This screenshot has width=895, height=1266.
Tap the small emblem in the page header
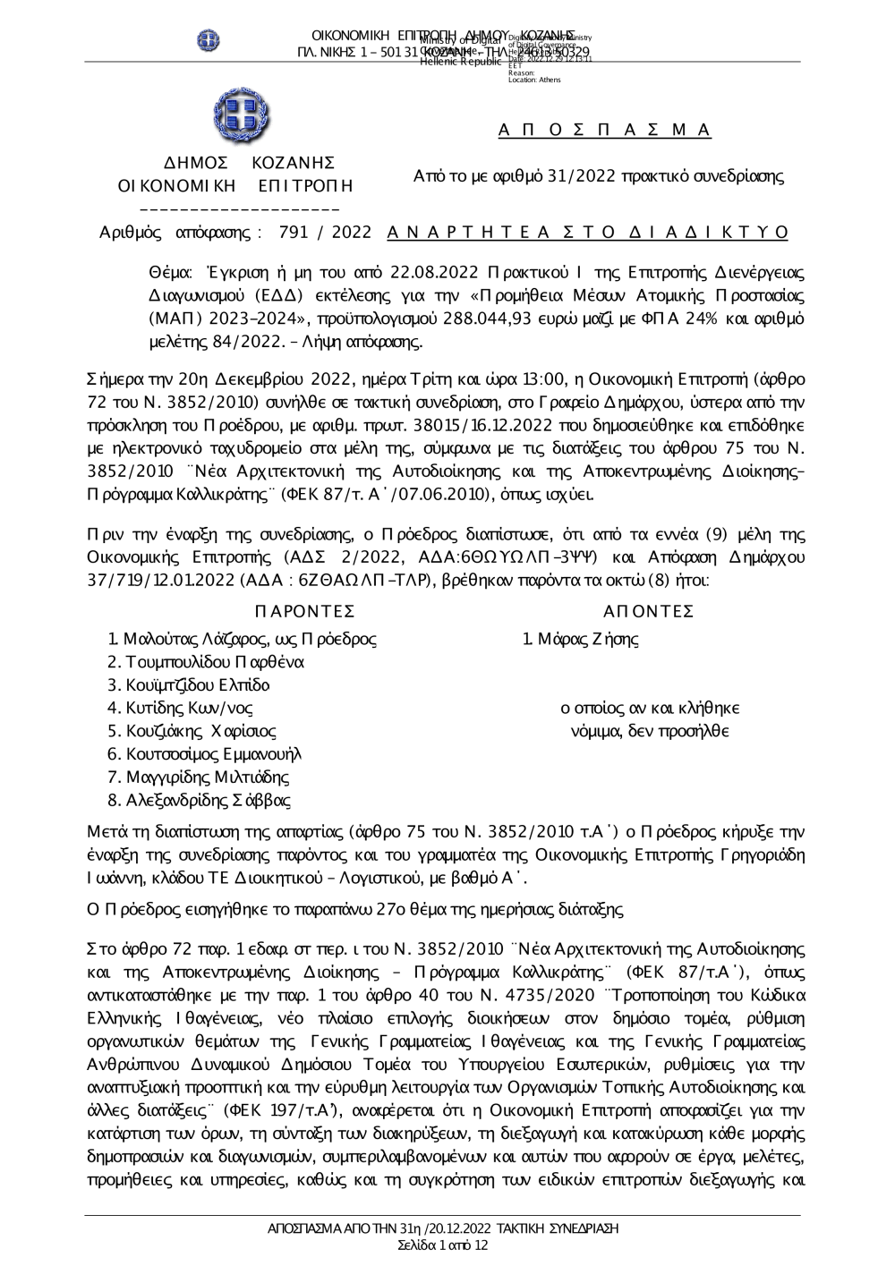[209, 39]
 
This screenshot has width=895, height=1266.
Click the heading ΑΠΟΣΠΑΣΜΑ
[604, 131]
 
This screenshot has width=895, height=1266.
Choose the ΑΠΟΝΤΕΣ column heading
[649, 611]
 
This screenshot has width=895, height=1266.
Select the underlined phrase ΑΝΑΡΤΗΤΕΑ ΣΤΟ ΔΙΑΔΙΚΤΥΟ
[588, 233]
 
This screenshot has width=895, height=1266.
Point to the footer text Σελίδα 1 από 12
[443, 1245]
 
